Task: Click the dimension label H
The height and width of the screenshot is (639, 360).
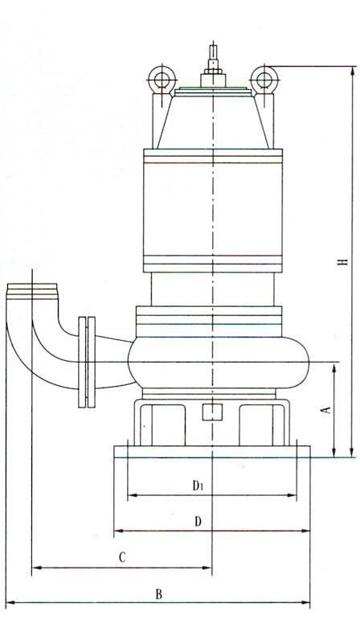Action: [x=344, y=260]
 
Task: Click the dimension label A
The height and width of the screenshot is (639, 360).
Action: [x=326, y=410]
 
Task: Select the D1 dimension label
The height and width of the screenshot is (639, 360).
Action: [x=198, y=485]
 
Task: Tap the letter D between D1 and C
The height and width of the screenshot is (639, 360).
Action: [x=198, y=522]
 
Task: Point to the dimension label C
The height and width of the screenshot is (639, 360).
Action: [x=122, y=558]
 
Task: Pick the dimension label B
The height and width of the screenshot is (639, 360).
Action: [x=159, y=594]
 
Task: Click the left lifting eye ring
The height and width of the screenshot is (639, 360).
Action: [x=162, y=80]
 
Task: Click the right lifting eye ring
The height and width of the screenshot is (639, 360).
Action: [x=264, y=80]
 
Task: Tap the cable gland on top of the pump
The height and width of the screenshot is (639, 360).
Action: [x=213, y=67]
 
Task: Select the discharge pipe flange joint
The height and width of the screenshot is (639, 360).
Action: [x=87, y=362]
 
